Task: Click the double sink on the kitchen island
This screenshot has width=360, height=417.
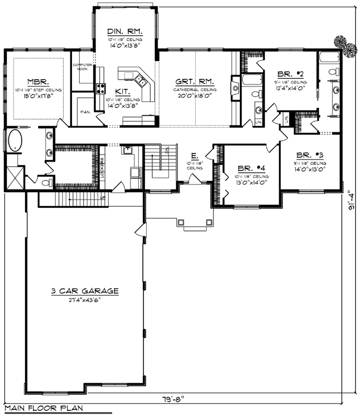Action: pyautogui.click(x=140, y=81)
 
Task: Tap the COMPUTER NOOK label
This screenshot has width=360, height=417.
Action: pyautogui.click(x=82, y=66)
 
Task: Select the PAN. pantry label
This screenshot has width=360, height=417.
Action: pyautogui.click(x=83, y=112)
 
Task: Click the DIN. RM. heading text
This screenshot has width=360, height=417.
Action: pyautogui.click(x=124, y=31)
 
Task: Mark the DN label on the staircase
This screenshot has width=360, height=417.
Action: pyautogui.click(x=166, y=151)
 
